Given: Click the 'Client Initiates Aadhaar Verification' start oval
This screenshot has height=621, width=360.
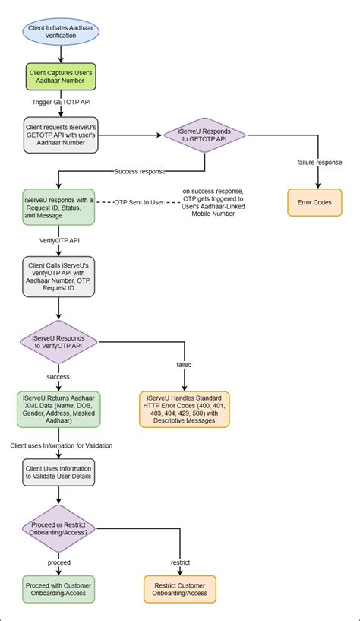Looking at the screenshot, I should pos(59,30).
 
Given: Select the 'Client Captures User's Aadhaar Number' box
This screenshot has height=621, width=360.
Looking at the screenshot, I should pos(59,78).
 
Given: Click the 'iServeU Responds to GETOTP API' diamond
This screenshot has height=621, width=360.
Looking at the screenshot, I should pos(205,135).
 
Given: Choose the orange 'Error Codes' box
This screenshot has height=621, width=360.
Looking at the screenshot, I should pos(315,202).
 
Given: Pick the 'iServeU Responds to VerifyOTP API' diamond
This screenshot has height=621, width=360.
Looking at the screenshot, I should pos(59,341).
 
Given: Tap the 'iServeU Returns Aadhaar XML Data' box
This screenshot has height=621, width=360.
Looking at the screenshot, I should pos(59,409).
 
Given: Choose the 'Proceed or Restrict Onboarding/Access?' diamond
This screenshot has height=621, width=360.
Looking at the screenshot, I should pos(59,530).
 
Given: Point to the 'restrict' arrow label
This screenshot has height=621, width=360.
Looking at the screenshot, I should pos(180,562).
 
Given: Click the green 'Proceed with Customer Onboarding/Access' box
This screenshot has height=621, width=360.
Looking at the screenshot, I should pos(59,590).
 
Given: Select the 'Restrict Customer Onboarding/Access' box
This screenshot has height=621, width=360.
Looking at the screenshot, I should pos(180,590).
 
